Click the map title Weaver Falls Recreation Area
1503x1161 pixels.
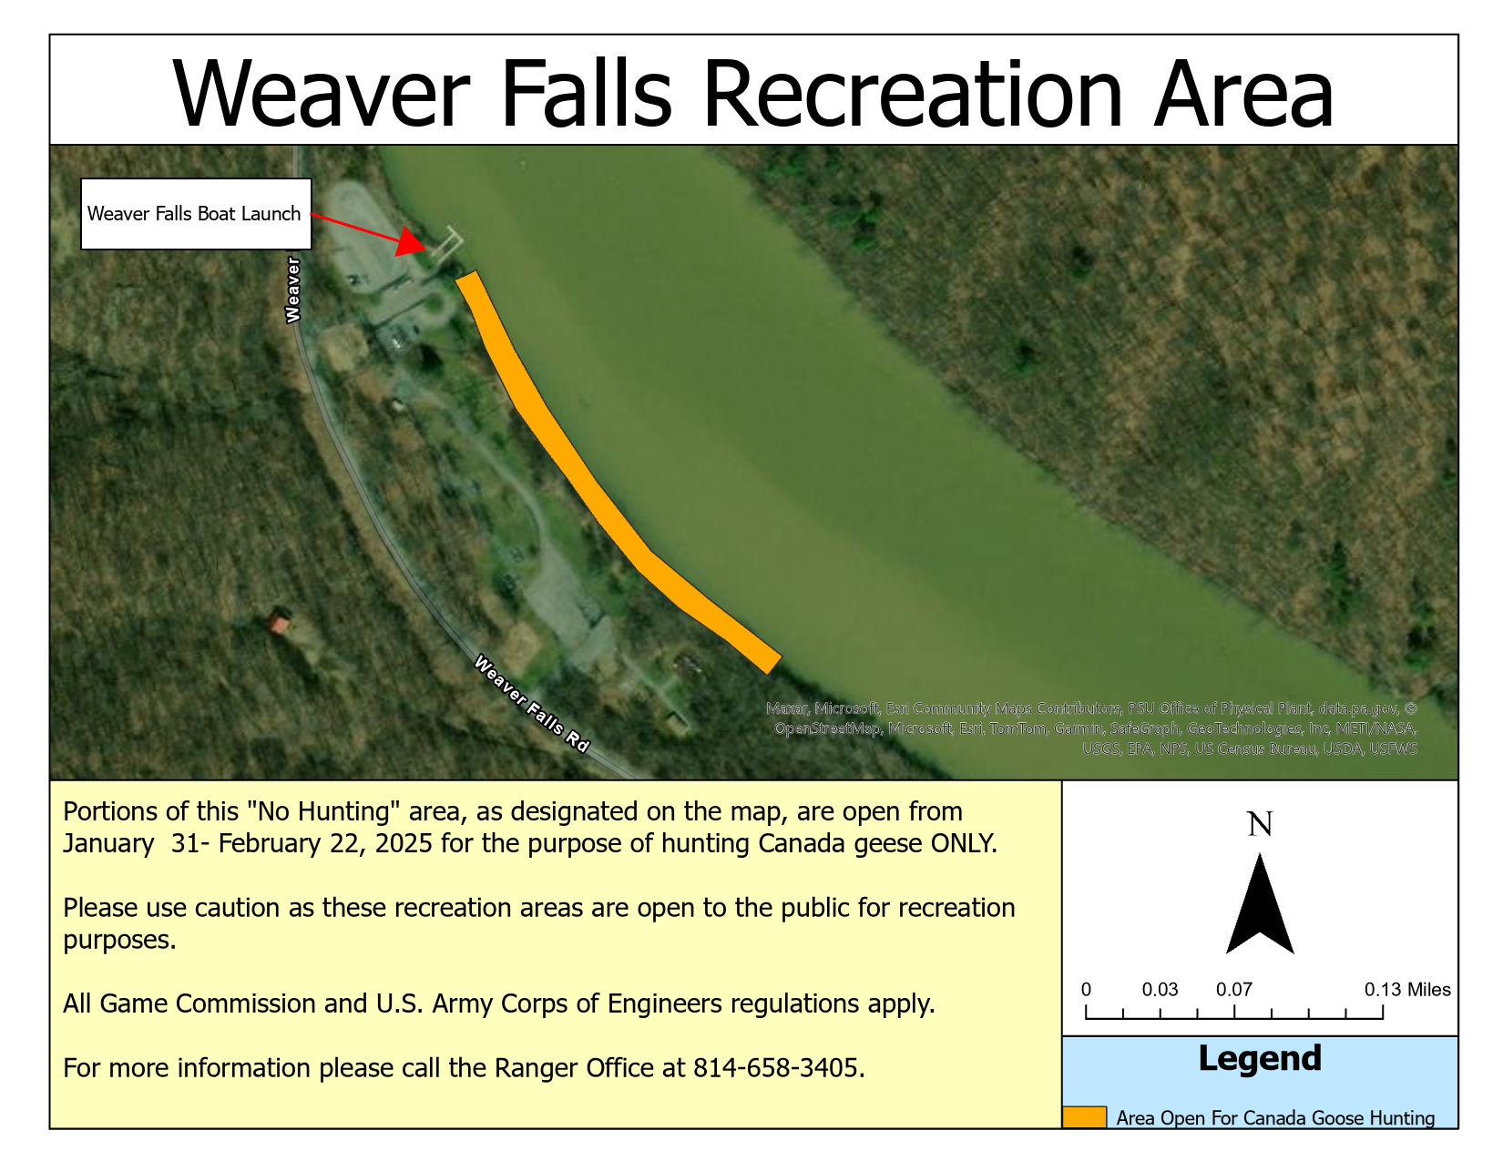(x=751, y=94)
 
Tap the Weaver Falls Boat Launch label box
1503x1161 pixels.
(x=196, y=214)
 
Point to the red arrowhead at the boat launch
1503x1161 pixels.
(x=412, y=241)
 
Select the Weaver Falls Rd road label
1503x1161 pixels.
(x=531, y=703)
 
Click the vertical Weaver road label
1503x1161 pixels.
(x=293, y=289)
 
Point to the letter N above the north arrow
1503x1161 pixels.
(x=1260, y=824)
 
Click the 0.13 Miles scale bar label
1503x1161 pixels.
(x=1406, y=990)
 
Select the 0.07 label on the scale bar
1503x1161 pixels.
(x=1234, y=990)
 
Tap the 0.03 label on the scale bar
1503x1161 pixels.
(x=1160, y=990)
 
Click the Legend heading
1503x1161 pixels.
(x=1260, y=1059)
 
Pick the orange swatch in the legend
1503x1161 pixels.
(x=1084, y=1117)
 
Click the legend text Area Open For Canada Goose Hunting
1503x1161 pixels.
(x=1275, y=1118)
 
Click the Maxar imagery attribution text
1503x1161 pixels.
(x=1091, y=728)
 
